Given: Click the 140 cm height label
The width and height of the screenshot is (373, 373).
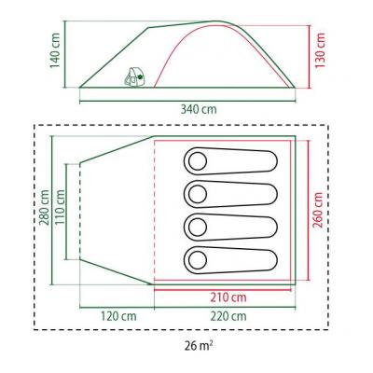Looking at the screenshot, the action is [55, 50].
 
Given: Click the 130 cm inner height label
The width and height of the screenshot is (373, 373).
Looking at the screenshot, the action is [320, 50].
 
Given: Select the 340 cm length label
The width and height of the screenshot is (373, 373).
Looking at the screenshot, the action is [199, 109].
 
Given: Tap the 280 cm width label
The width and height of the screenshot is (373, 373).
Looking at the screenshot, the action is [43, 207].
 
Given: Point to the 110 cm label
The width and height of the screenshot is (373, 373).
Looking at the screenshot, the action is [60, 207].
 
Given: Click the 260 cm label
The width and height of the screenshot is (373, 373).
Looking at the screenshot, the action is [318, 210].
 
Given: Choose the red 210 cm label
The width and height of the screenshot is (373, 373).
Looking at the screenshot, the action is [228, 297].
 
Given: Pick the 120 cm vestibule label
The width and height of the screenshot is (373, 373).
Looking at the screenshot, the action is [118, 316].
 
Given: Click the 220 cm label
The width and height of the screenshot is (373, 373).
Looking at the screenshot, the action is [228, 316].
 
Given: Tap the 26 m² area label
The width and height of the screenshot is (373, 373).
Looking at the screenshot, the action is [199, 346].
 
